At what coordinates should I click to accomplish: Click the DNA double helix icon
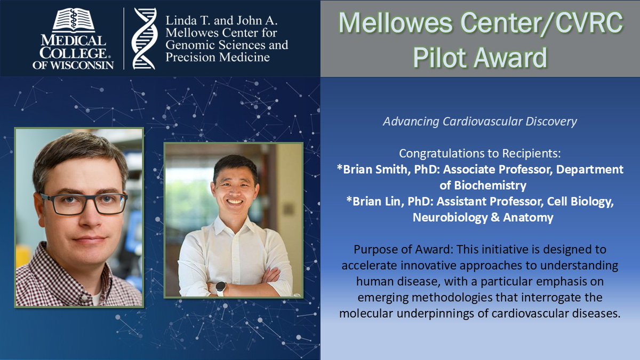pyautogui.click(x=145, y=38)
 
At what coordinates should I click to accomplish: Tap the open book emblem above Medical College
pyautogui.click(x=74, y=20)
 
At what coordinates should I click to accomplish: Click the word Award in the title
pyautogui.click(x=510, y=58)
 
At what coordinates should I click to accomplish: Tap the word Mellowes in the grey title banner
pyautogui.click(x=396, y=23)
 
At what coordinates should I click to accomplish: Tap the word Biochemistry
pyautogui.click(x=490, y=186)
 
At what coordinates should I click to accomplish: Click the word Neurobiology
pyautogui.click(x=450, y=218)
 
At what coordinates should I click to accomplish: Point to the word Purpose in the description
pyautogui.click(x=374, y=250)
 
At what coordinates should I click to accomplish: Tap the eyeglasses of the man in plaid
pyautogui.click(x=84, y=204)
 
